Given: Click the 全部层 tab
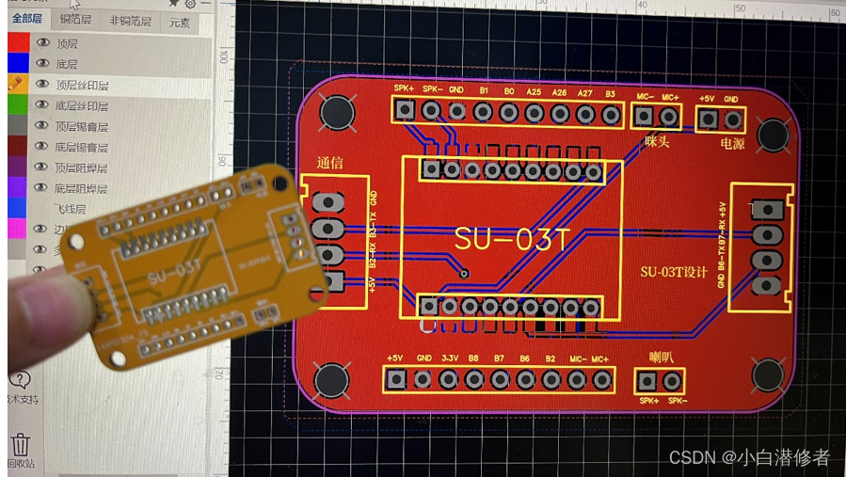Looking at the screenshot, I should click(26, 19).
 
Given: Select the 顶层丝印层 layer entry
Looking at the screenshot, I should click(81, 85).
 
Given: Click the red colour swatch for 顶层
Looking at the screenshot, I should click(18, 43).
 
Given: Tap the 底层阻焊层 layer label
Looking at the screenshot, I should click(81, 188).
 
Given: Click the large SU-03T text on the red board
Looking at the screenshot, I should click(512, 239).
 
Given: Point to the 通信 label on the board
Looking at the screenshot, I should click(330, 163).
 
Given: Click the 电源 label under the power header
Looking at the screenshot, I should click(732, 143).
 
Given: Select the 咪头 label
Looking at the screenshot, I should click(657, 142).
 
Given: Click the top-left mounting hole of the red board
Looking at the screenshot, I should click(336, 113).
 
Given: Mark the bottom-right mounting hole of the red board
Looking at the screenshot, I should click(769, 375).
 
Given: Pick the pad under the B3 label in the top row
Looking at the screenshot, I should click(611, 114).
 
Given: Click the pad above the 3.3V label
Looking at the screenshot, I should click(449, 379).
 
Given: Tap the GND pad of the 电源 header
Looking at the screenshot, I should click(731, 119).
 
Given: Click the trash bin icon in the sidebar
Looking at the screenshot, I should click(20, 444).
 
